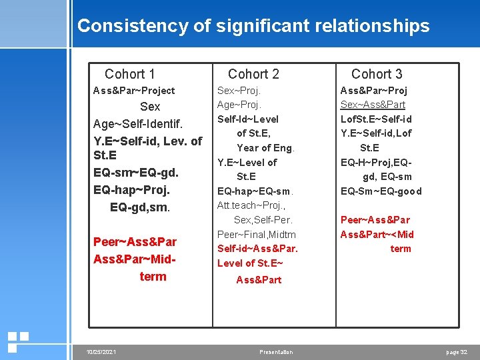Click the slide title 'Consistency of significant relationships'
click(253, 26)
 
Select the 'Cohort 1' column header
click(130, 74)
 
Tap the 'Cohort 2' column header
click(253, 74)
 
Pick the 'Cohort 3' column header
click(377, 74)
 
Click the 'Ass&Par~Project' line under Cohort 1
click(134, 91)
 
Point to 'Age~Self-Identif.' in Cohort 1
click(138, 124)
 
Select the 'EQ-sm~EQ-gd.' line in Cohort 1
click(136, 173)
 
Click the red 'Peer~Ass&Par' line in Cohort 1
click(135, 241)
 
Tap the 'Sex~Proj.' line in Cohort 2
click(239, 90)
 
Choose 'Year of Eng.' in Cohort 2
click(265, 148)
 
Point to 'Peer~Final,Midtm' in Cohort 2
click(257, 234)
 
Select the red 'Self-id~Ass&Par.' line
click(257, 249)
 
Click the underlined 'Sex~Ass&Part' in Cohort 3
click(373, 105)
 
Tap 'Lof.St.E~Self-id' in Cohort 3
click(376, 119)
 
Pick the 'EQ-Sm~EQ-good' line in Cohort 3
click(381, 191)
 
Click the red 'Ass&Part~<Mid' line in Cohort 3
click(377, 234)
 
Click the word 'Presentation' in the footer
click(276, 352)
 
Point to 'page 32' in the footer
click(457, 351)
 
